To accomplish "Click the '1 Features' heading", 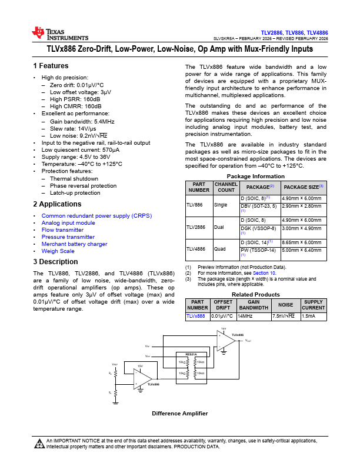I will pyautogui.click(x=51, y=66).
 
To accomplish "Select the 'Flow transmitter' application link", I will pyautogui.click(x=62, y=230).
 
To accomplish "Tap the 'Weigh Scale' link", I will pyautogui.click(x=58, y=251).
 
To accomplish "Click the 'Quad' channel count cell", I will pyautogui.click(x=220, y=249).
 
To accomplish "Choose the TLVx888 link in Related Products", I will pyautogui.click(x=196, y=316).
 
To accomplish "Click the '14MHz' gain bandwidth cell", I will pyautogui.click(x=245, y=316).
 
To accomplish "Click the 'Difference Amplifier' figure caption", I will pyautogui.click(x=180, y=414).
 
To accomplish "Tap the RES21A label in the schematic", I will pyautogui.click(x=191, y=354).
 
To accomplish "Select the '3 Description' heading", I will pyautogui.click(x=55, y=262).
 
